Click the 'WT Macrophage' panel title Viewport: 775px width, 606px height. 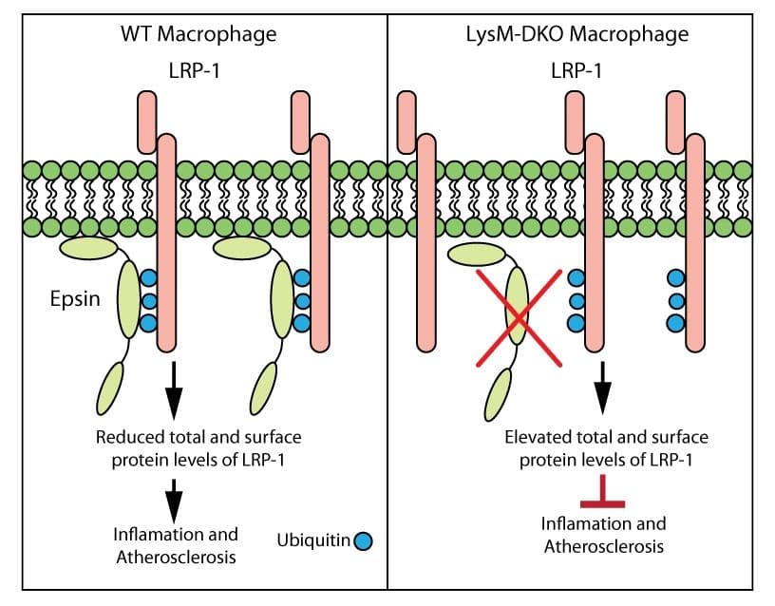(198, 35)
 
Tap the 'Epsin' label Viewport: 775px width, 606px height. (74, 300)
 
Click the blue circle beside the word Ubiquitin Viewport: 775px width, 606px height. (362, 541)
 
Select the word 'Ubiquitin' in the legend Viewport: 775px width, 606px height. (312, 541)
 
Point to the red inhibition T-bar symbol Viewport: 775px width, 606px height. (602, 497)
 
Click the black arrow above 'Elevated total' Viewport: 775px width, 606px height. (602, 386)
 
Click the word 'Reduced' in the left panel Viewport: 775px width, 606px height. (127, 438)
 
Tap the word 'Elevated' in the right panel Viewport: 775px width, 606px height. (538, 438)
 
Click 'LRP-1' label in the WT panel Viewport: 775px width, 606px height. (198, 70)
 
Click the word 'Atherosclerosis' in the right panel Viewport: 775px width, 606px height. (603, 546)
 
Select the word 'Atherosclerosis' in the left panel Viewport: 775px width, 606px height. (176, 557)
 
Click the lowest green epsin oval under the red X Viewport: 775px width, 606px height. (497, 393)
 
